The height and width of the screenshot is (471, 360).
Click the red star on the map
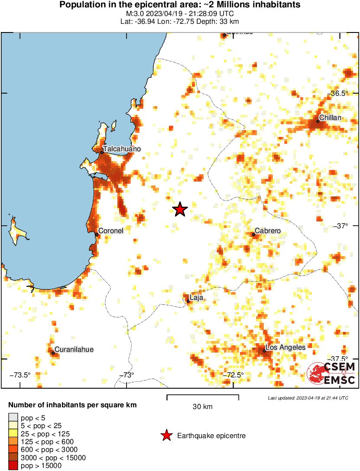click(180, 209)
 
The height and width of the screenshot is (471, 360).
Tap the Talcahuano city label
click(122, 149)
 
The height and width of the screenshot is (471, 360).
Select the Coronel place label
click(111, 231)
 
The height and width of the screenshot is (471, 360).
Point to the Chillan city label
click(330, 118)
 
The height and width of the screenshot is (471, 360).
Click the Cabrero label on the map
click(268, 231)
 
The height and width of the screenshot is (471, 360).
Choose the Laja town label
click(197, 298)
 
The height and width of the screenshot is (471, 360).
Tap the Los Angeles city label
click(285, 348)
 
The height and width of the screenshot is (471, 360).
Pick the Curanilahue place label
click(74, 349)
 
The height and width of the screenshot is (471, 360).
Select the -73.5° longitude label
click(19, 375)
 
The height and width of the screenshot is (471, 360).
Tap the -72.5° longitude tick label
click(234, 375)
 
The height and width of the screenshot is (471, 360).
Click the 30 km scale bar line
click(203, 396)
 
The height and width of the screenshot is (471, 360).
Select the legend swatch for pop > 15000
click(13, 466)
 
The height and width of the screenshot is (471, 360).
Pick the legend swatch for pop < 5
click(13, 418)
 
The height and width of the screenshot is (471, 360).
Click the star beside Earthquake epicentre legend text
click(166, 435)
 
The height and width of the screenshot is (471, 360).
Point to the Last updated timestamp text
click(308, 398)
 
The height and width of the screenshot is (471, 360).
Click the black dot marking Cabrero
click(253, 234)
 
